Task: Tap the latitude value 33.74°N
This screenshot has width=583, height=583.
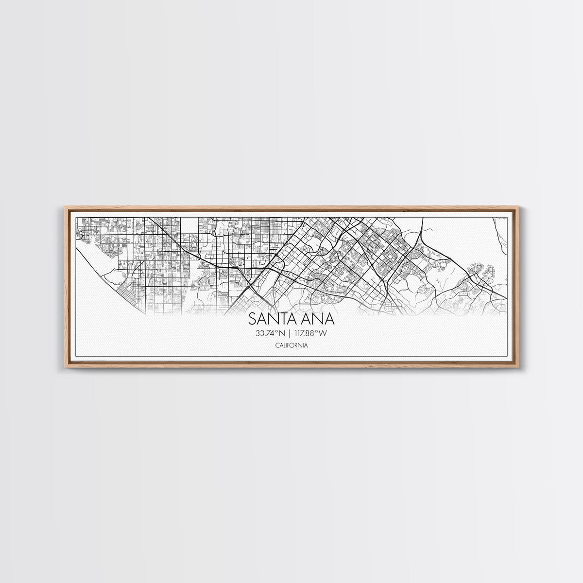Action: (266, 333)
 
